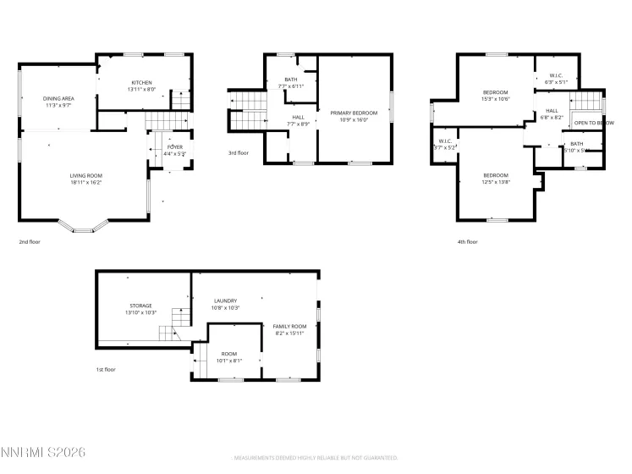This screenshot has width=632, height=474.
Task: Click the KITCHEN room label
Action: point(140,82)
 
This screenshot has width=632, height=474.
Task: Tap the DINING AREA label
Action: point(58,99)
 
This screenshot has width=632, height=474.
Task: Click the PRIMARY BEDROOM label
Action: point(354,113)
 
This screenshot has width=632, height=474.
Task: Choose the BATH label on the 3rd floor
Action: point(290,80)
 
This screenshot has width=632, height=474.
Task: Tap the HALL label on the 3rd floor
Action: point(298,118)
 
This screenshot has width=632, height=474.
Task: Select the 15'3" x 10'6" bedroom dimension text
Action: point(495,99)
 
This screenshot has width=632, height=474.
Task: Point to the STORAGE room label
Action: point(140,306)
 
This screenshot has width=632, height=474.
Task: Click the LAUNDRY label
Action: point(225,300)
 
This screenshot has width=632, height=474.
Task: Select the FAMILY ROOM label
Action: point(289,326)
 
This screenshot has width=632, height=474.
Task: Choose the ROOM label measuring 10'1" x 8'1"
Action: point(229,354)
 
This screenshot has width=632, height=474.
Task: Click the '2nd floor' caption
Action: point(30,242)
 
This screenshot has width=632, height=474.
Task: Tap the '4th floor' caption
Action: point(467,242)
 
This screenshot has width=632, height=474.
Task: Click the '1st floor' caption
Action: point(105,370)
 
